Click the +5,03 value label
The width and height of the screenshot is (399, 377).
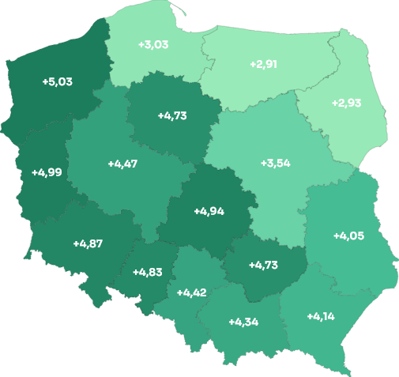pos(57,81)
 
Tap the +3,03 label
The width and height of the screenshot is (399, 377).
pos(152,44)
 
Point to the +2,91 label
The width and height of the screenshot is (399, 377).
pos(264,63)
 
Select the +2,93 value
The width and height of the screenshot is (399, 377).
pos(347,104)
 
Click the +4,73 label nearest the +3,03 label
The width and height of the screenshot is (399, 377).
pos(172,115)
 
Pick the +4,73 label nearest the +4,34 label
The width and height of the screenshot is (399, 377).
pos(263,265)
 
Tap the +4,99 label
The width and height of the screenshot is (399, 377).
pos(47,172)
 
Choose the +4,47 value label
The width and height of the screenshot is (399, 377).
pos(122,164)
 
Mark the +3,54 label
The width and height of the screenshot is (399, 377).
pos(276,164)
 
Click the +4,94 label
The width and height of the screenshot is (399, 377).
pos(209,211)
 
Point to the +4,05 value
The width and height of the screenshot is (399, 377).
pos(348,236)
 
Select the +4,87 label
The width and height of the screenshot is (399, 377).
pos(88,243)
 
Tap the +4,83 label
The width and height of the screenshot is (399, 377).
pos(147,272)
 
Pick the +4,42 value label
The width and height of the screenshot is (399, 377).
pos(191,292)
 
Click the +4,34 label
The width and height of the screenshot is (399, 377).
pos(243,322)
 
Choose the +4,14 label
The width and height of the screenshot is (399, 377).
pos(321,317)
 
